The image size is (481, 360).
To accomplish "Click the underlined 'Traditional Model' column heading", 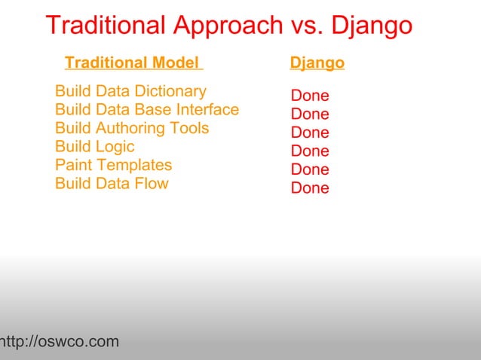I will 133,63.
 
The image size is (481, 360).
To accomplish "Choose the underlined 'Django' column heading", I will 317,63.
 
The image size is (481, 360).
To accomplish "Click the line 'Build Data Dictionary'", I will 130,92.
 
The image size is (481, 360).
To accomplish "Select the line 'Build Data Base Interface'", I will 147,110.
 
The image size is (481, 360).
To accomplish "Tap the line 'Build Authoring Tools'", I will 132,129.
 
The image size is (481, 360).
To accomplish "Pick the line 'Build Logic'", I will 95,147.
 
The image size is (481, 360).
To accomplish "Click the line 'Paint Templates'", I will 114,165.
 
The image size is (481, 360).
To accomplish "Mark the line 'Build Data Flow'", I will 112,184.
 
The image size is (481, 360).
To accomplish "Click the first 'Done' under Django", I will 310,96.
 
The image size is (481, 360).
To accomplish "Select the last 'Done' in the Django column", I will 310,188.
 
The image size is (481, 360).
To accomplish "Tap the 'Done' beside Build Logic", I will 310,151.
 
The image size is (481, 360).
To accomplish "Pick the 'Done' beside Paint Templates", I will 310,169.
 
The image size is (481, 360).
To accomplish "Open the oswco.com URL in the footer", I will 60,343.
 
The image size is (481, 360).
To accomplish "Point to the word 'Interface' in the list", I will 207,110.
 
